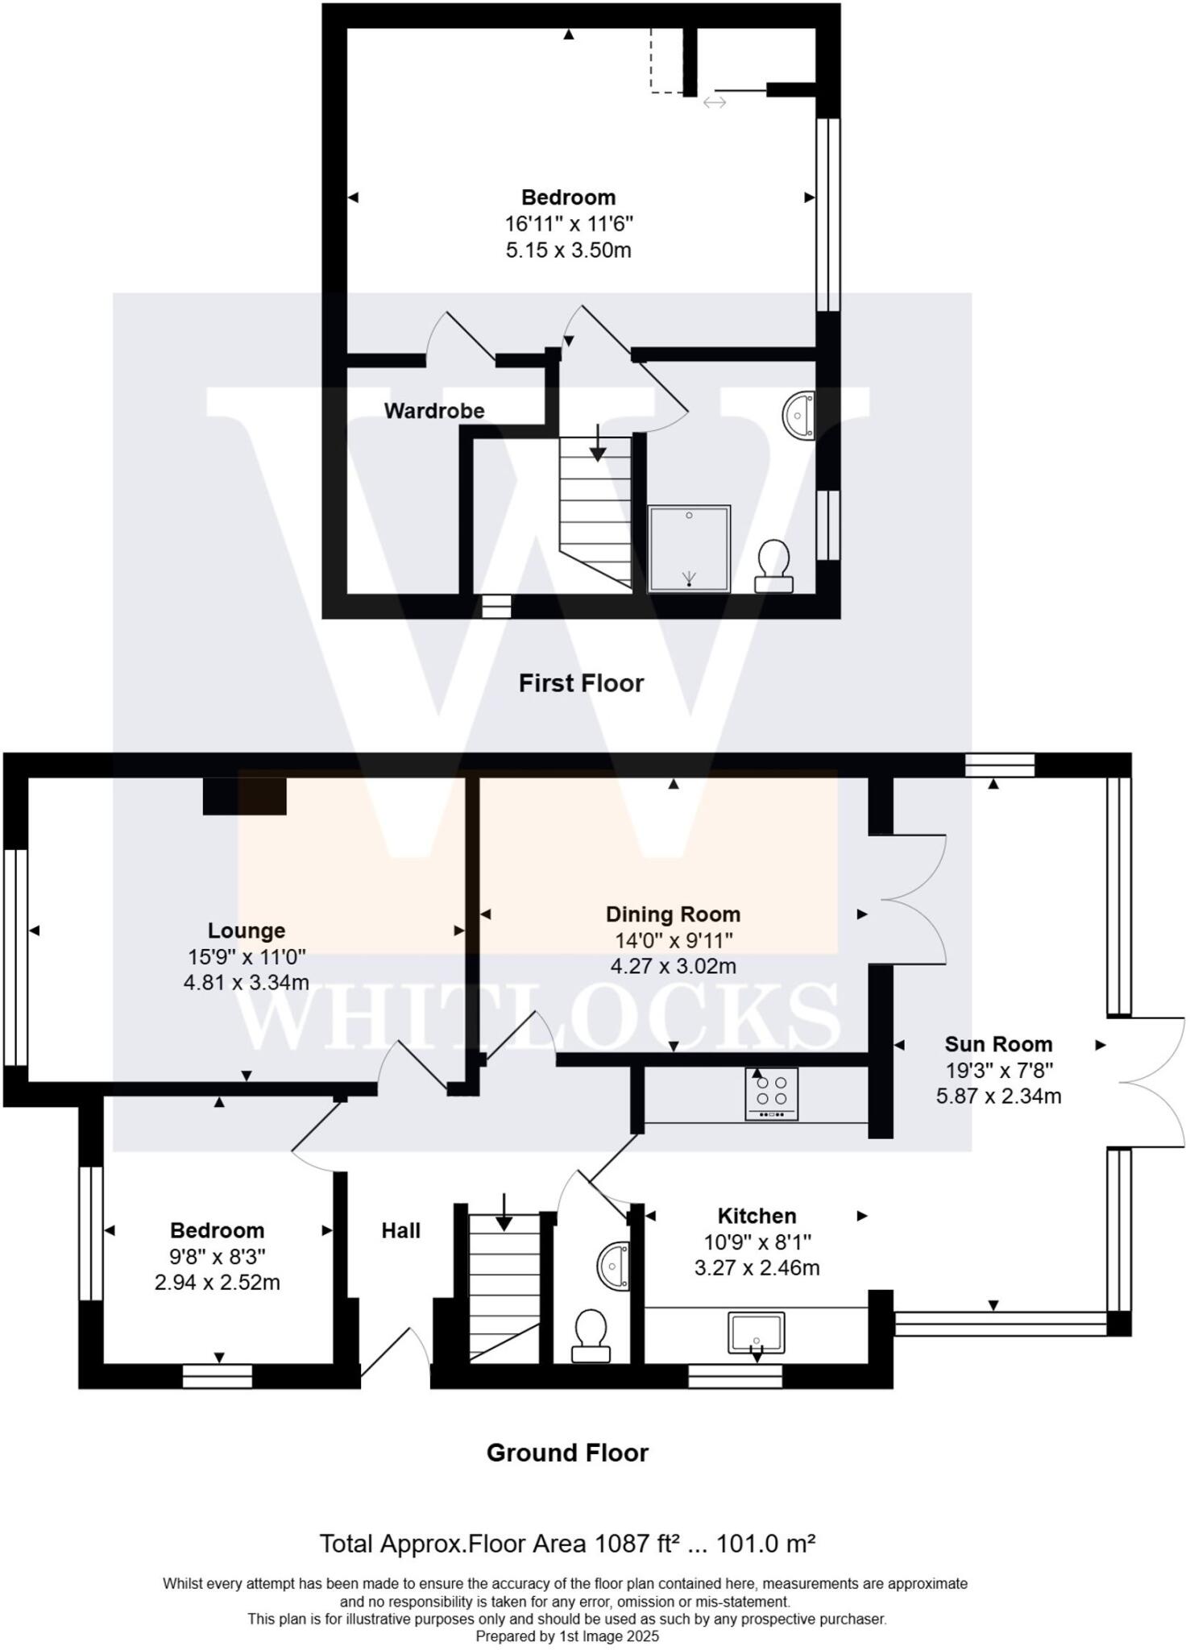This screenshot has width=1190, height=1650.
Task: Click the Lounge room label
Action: [246, 931]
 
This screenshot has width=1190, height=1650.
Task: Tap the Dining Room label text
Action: [673, 914]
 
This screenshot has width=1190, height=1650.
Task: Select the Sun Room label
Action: [998, 1044]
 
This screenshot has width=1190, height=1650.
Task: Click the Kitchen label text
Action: [757, 1216]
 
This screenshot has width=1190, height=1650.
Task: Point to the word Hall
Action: [400, 1230]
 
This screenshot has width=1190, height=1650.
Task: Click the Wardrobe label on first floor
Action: [434, 411]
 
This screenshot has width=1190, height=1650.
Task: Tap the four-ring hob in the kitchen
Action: [772, 1093]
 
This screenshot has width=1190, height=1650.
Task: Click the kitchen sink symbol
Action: [756, 1333]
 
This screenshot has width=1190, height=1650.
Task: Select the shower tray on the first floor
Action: [689, 549]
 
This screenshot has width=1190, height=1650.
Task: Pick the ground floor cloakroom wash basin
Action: [615, 1267]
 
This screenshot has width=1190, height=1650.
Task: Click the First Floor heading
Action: [581, 683]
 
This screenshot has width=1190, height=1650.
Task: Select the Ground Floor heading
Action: [567, 1453]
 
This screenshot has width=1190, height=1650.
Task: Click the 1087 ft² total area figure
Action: [636, 1544]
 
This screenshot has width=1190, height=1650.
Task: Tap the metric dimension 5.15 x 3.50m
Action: [568, 250]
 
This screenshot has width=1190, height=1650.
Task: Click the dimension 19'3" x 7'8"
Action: [998, 1070]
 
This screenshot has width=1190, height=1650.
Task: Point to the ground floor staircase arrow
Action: [504, 1211]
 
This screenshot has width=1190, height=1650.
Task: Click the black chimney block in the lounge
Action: [244, 796]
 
